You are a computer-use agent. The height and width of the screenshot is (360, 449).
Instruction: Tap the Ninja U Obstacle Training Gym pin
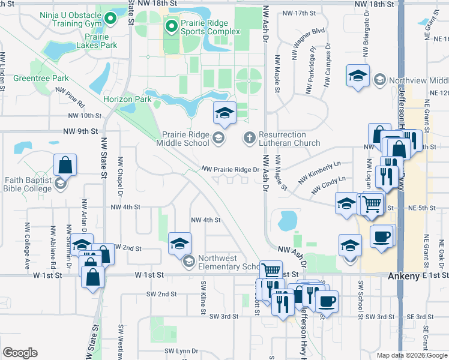coord(110,18)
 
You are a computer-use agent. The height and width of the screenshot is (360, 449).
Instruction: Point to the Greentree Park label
coord(41,79)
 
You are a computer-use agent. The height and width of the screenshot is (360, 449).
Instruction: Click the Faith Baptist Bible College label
coord(29,184)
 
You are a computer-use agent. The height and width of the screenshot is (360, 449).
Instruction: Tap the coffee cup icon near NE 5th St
coord(382,235)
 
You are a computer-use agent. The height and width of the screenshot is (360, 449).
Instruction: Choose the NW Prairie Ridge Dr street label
coord(230,170)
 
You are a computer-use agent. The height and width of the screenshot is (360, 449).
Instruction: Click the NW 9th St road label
coord(79,131)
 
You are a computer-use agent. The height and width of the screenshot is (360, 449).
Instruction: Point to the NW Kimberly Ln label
coord(319,172)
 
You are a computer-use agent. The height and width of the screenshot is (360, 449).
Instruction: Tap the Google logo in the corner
coord(20,353)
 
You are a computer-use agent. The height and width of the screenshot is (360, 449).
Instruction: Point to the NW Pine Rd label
coord(70,96)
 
